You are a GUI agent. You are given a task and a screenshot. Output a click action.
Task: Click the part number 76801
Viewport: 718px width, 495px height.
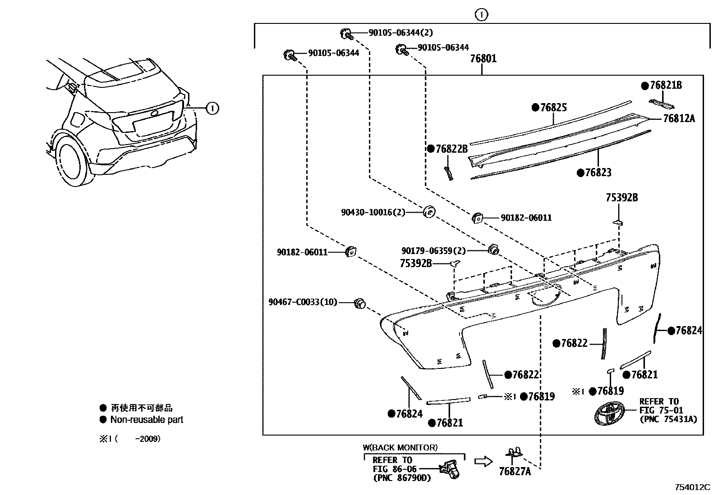click(x=483, y=59)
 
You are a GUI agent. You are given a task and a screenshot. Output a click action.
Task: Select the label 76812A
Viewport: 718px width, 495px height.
click(x=679, y=118)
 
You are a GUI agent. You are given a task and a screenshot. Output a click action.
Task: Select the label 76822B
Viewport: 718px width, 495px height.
click(x=451, y=149)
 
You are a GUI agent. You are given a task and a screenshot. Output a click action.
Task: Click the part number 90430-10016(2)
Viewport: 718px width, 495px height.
click(x=373, y=212)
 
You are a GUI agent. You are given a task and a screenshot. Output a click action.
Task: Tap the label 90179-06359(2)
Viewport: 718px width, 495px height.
click(x=433, y=250)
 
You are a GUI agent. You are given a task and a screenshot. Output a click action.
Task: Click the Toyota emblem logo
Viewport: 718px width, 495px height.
click(x=608, y=413)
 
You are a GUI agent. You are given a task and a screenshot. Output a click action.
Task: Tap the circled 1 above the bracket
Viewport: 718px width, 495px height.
click(x=482, y=15)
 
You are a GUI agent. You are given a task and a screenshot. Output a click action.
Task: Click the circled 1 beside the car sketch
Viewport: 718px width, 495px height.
click(x=212, y=108)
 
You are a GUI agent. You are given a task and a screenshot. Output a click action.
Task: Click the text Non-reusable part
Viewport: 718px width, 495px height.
click(x=147, y=420)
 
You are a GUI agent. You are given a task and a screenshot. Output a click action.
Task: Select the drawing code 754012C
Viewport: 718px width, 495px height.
click(x=692, y=487)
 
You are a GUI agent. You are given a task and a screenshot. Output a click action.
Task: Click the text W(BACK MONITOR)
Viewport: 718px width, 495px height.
click(x=400, y=447)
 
